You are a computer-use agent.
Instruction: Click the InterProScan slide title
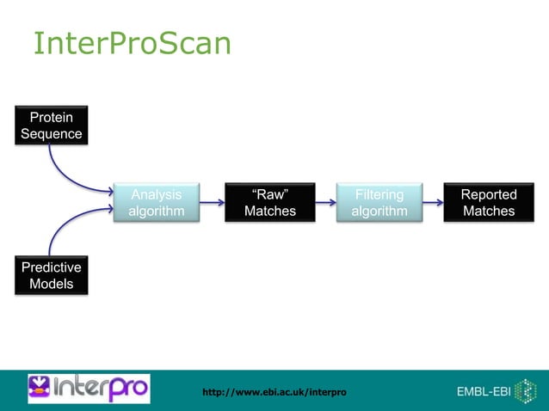(132, 44)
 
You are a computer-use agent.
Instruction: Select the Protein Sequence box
(52, 126)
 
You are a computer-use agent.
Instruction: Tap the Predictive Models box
(52, 275)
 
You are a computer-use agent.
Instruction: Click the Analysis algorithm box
(156, 203)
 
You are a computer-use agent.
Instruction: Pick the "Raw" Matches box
(269, 203)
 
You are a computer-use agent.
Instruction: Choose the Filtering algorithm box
(379, 203)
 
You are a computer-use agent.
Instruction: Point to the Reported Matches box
(488, 203)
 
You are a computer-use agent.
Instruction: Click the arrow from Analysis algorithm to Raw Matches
(212, 204)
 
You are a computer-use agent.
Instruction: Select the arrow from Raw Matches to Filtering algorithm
(324, 204)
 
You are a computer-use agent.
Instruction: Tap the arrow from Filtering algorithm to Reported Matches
(433, 204)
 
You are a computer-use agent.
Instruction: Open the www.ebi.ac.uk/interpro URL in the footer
(274, 392)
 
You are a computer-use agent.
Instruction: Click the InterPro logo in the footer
(89, 389)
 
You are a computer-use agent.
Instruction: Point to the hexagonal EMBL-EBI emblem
(525, 390)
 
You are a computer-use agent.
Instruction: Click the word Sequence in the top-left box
(52, 134)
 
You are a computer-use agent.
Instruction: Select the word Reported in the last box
(488, 195)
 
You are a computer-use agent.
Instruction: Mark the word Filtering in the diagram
(379, 195)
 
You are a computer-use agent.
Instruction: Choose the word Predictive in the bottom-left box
(52, 267)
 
